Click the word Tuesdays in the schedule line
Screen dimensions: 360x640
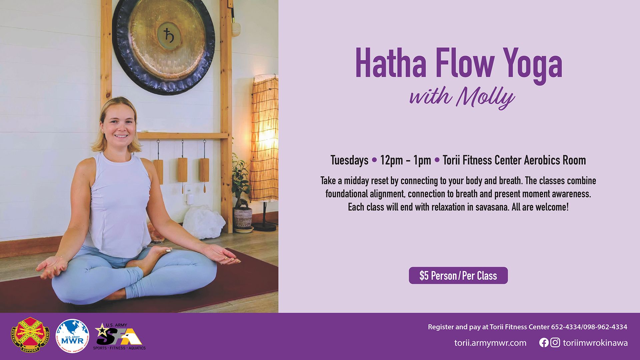click(349, 160)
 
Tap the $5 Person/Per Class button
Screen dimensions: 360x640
click(458, 276)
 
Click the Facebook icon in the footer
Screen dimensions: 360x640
click(544, 343)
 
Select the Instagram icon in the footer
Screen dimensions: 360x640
click(555, 343)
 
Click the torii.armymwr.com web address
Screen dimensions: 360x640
click(490, 343)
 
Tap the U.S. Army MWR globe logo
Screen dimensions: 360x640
click(72, 336)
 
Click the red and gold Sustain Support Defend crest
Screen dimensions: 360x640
click(30, 335)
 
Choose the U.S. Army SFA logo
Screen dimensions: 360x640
click(119, 337)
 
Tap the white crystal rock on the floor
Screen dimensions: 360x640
click(203, 221)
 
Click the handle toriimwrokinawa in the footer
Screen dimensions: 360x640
click(595, 343)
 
